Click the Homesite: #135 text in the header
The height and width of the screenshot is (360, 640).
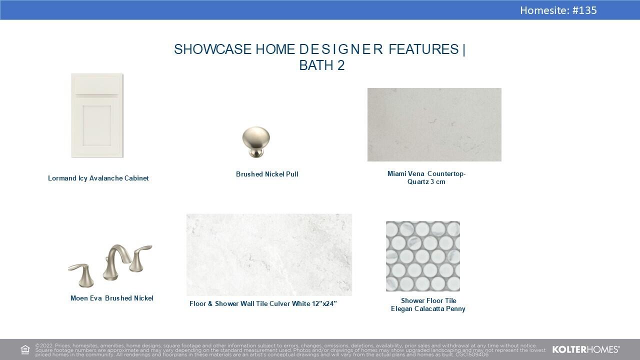coord(558,10)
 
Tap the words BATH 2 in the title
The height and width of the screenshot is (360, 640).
coord(322,65)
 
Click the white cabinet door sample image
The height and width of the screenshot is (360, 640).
coord(97,115)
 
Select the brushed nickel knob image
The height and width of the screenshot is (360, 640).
coord(255,142)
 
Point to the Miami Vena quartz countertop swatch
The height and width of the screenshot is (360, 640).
coord(434,124)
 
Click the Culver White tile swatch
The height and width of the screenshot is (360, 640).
coord(269,254)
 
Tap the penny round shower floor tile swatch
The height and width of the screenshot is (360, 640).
coord(423,256)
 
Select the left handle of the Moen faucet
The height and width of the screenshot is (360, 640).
coord(81,275)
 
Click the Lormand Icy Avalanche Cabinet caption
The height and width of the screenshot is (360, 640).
coord(98,178)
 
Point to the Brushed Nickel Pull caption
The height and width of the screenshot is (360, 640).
coord(267,174)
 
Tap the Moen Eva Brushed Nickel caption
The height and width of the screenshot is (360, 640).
coord(112,298)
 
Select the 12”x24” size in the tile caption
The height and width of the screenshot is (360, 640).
coord(324,303)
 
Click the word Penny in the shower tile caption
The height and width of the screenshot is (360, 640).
coord(456,309)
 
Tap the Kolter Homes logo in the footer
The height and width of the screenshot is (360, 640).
coord(586,349)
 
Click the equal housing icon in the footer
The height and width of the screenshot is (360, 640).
coord(25,349)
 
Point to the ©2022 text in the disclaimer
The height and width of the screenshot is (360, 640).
coord(44,345)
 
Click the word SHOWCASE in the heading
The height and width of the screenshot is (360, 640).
coord(213,49)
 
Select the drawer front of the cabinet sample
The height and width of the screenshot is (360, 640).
coord(97,85)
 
